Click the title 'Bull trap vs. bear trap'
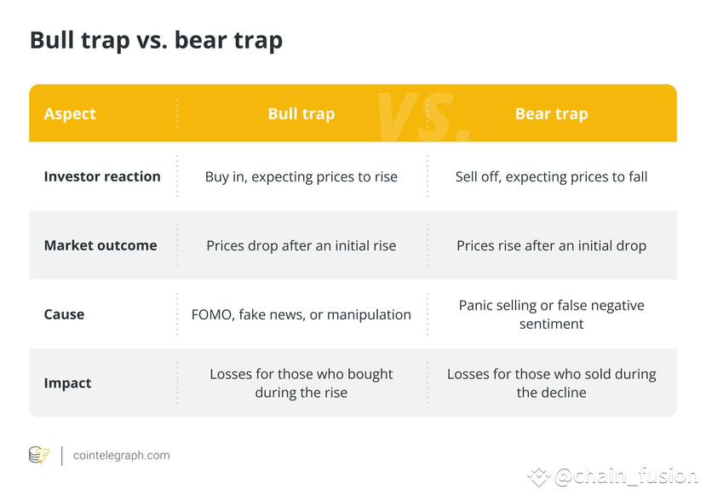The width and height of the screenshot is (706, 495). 156,41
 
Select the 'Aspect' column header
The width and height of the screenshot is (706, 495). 70,114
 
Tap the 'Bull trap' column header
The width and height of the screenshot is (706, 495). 301,114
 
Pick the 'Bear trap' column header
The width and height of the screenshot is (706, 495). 552,114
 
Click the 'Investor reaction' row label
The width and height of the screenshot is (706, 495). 102,176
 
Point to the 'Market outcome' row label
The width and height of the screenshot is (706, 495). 100,245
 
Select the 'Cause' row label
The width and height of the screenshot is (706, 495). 64,314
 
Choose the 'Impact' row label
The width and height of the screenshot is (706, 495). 67,383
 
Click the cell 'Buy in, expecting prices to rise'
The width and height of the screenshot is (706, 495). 301,177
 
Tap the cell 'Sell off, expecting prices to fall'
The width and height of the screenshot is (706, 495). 552,177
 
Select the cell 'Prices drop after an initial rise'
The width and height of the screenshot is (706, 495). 301,246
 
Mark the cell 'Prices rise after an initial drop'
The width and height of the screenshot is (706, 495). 552,246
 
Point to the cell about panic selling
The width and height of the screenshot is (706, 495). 552,314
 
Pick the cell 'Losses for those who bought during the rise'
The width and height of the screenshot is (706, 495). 301,383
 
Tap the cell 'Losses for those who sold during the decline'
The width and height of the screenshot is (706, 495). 552,383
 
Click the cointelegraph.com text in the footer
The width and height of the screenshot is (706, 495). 122,455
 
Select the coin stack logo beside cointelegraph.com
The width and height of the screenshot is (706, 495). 39,455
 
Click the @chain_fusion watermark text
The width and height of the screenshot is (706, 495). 626,477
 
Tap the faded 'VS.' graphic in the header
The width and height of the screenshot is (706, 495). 423,117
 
